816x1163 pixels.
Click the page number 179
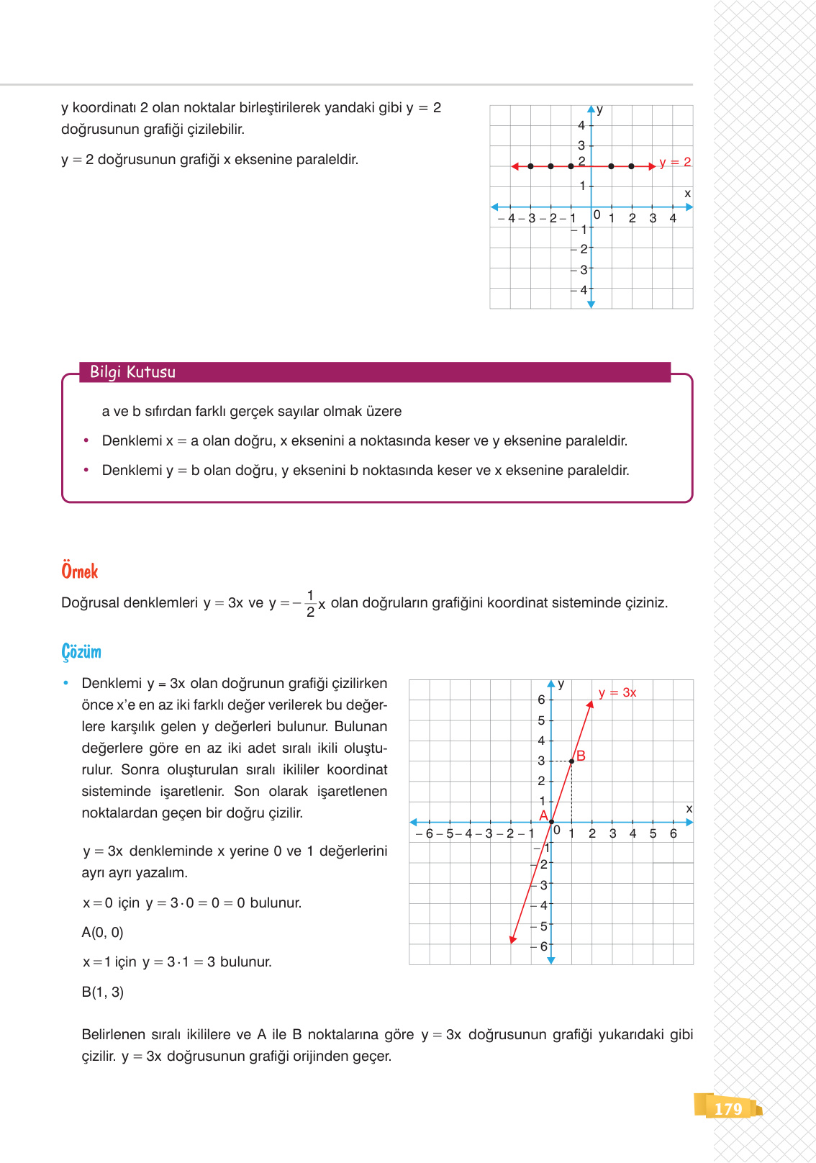pyautogui.click(x=727, y=1108)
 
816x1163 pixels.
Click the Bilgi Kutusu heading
pyautogui.click(x=132, y=372)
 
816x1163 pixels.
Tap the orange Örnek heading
pyautogui.click(x=79, y=571)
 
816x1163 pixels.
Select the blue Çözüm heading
pyautogui.click(x=81, y=652)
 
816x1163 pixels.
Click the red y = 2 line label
pyautogui.click(x=675, y=163)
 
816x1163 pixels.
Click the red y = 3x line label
pyautogui.click(x=617, y=692)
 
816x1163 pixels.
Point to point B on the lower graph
pyautogui.click(x=572, y=761)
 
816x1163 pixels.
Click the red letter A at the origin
pyautogui.click(x=543, y=815)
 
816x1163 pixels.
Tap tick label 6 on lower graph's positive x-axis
pyautogui.click(x=674, y=833)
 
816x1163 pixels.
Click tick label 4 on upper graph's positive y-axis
pyautogui.click(x=581, y=125)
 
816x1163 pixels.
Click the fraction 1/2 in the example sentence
pyautogui.click(x=310, y=604)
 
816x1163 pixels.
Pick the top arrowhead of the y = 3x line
pyautogui.click(x=590, y=704)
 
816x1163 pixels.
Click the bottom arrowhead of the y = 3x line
pyautogui.click(x=512, y=939)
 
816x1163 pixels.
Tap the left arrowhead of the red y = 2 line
pyautogui.click(x=514, y=166)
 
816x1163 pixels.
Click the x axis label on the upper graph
pyautogui.click(x=687, y=194)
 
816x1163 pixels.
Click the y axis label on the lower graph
pyautogui.click(x=561, y=684)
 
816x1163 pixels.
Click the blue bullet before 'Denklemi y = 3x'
pyautogui.click(x=66, y=683)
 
